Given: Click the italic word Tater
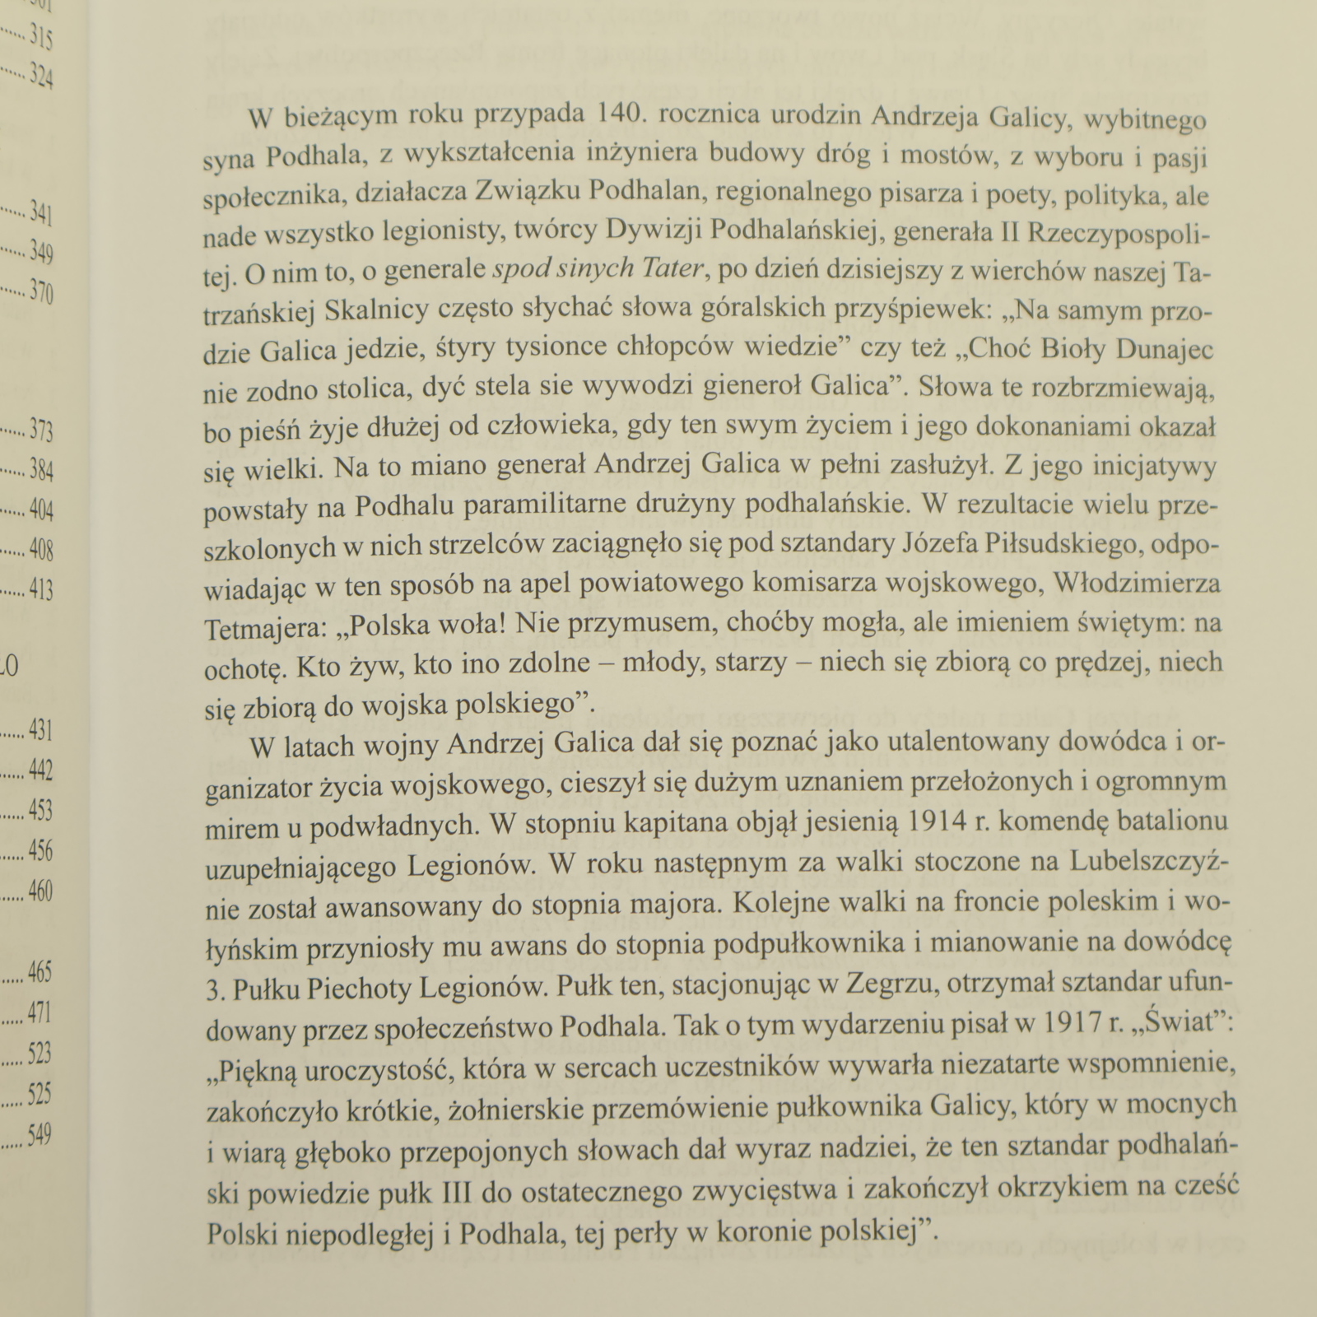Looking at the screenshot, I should click(672, 270).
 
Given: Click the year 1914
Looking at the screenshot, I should click(945, 821).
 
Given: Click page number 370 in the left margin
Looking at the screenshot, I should click(40, 291).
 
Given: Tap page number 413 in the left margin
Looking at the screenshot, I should click(40, 589).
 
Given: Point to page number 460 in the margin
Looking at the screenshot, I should click(40, 891).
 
